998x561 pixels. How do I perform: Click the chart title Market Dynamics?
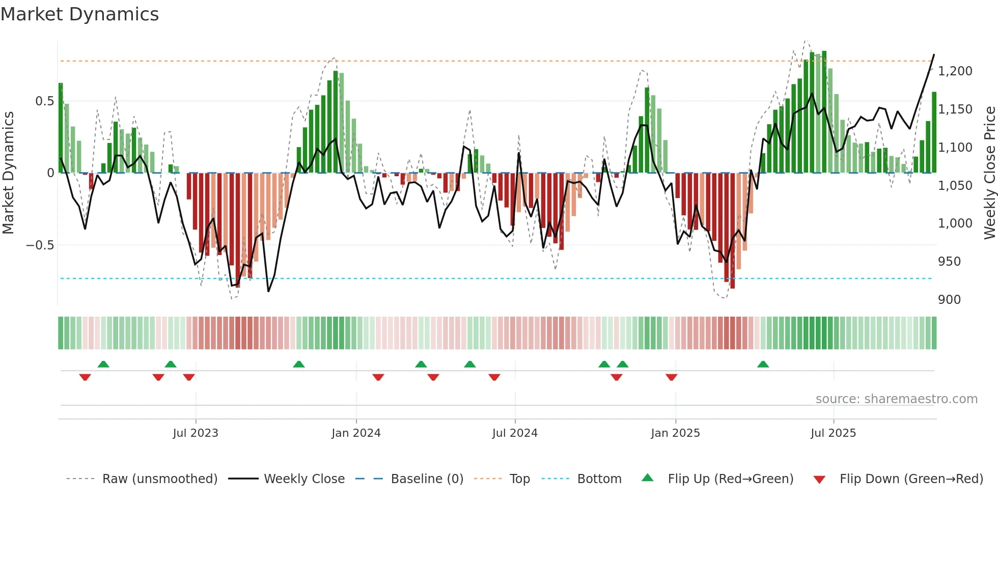pos(79,14)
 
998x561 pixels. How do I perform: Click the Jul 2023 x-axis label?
pos(196,433)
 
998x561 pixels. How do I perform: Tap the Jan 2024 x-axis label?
pos(356,433)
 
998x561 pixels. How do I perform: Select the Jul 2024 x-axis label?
pos(515,433)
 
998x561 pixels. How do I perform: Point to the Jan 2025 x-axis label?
pos(675,433)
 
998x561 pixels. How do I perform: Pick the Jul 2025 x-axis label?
pos(834,433)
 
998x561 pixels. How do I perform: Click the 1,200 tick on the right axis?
pos(955,71)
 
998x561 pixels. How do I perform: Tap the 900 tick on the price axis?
pos(949,300)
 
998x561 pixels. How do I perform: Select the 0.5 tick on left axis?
pos(45,101)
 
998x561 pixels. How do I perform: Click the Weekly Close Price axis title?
pos(989,173)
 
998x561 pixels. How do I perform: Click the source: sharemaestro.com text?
pos(896,399)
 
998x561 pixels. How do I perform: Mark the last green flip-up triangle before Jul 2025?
pos(763,364)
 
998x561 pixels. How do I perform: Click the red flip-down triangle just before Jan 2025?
pos(671,377)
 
